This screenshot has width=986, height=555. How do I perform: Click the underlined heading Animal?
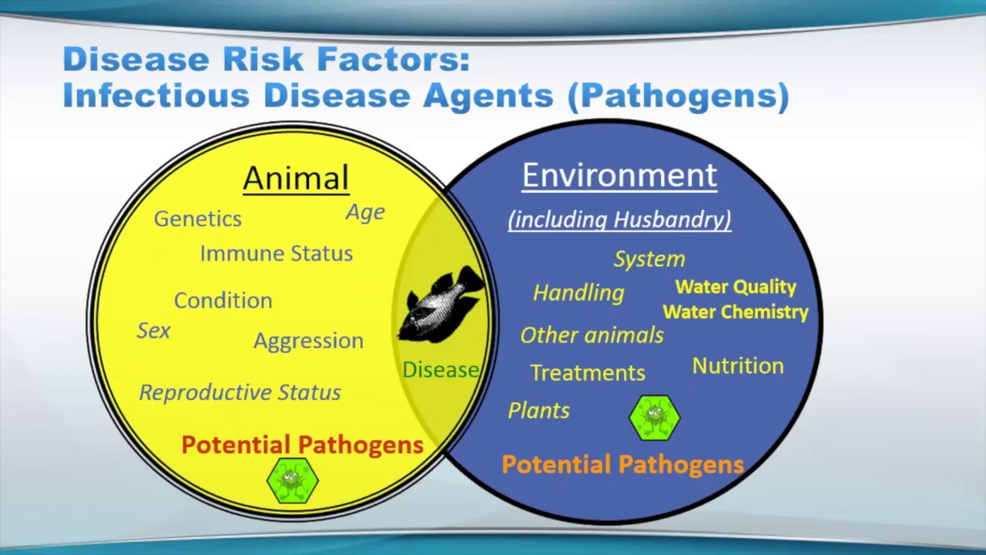click(x=296, y=178)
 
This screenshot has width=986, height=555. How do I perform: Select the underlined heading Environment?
click(x=619, y=176)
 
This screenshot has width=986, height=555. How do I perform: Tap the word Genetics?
click(x=198, y=219)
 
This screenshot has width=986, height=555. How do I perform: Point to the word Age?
click(x=365, y=213)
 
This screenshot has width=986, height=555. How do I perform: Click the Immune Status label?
click(x=277, y=254)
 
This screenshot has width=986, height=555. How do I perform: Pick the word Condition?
click(x=223, y=301)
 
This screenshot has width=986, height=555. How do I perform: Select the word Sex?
click(x=153, y=331)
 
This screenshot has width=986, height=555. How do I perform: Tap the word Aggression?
click(x=308, y=341)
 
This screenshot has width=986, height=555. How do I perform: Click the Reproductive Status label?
click(x=240, y=392)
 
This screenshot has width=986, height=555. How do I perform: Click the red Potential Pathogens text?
click(x=302, y=445)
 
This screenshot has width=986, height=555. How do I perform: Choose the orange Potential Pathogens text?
click(x=622, y=464)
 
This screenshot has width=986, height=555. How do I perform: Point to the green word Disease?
click(x=441, y=370)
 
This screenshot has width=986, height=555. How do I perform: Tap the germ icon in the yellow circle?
click(x=292, y=480)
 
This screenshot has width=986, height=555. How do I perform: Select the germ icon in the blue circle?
click(x=655, y=418)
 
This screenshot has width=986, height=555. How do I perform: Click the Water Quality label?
click(x=736, y=287)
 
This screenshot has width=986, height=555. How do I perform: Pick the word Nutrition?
click(x=737, y=366)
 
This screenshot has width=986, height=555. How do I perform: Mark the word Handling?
click(x=579, y=293)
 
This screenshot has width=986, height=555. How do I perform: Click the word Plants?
click(x=538, y=411)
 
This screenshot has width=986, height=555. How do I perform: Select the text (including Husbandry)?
click(x=619, y=220)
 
